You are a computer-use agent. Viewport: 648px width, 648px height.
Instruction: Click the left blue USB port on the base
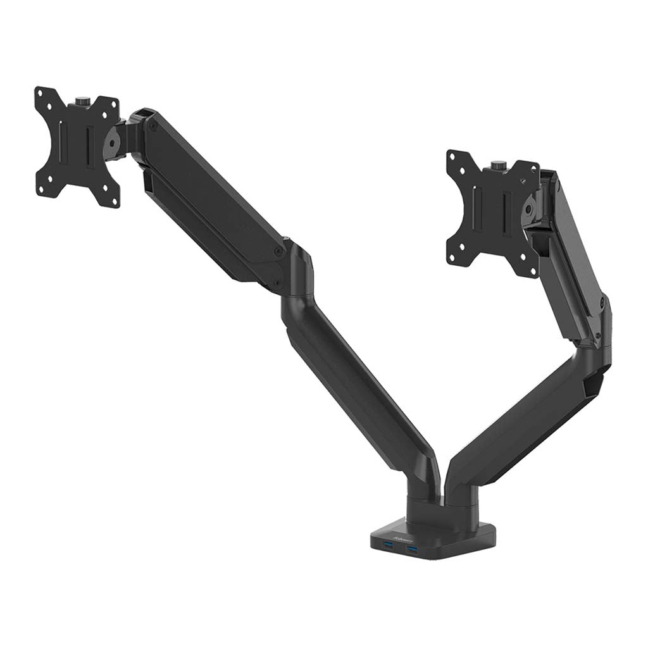(388, 545)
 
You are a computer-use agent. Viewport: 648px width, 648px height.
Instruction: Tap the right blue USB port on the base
(413, 552)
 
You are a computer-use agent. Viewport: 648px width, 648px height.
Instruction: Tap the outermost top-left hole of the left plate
(40, 94)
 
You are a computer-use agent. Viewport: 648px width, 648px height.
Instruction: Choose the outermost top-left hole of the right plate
(452, 156)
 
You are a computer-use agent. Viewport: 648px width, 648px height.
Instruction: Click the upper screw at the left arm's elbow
(278, 251)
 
